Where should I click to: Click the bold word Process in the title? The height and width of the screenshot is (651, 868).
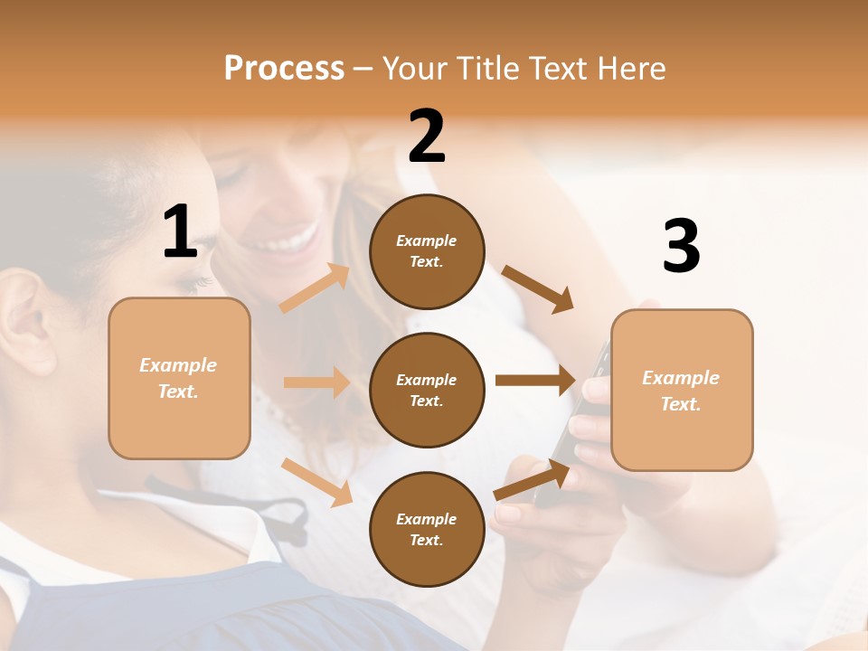[284, 68]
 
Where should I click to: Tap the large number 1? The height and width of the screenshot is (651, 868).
[180, 231]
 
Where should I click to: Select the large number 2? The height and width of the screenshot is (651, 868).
[427, 137]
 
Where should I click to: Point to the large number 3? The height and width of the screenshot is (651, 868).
[681, 247]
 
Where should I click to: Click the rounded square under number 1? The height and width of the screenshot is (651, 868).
[179, 379]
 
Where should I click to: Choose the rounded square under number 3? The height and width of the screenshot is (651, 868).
[682, 391]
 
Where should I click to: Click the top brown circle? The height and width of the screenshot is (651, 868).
[427, 251]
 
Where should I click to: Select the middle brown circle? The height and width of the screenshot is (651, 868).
[427, 391]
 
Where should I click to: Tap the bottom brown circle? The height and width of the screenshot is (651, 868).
[427, 530]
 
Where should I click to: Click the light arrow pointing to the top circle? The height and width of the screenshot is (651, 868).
[315, 288]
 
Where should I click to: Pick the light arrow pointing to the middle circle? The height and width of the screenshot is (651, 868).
[316, 382]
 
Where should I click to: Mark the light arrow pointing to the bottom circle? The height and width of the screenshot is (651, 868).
[316, 482]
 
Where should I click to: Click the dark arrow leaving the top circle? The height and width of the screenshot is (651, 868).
[538, 288]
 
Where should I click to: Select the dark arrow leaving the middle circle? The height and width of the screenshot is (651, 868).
[535, 381]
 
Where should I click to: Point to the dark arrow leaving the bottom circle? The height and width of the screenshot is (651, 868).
[533, 480]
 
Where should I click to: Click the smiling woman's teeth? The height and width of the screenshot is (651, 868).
[294, 242]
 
